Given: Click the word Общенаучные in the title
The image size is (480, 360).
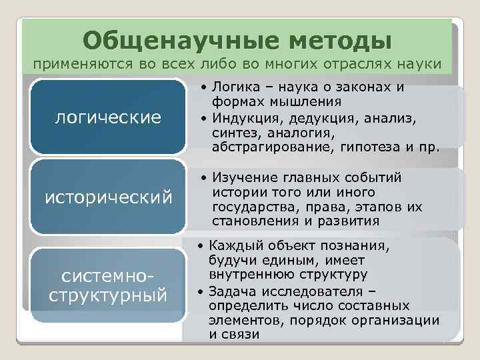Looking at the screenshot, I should pos(164,40).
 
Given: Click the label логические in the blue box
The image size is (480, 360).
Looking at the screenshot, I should pos(108,118).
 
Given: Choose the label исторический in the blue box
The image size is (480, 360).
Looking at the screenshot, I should pos(108,197).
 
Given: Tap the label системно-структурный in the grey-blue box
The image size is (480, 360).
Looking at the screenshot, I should pos(108,285).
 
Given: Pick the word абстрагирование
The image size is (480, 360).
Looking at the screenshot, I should pos(264,147).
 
